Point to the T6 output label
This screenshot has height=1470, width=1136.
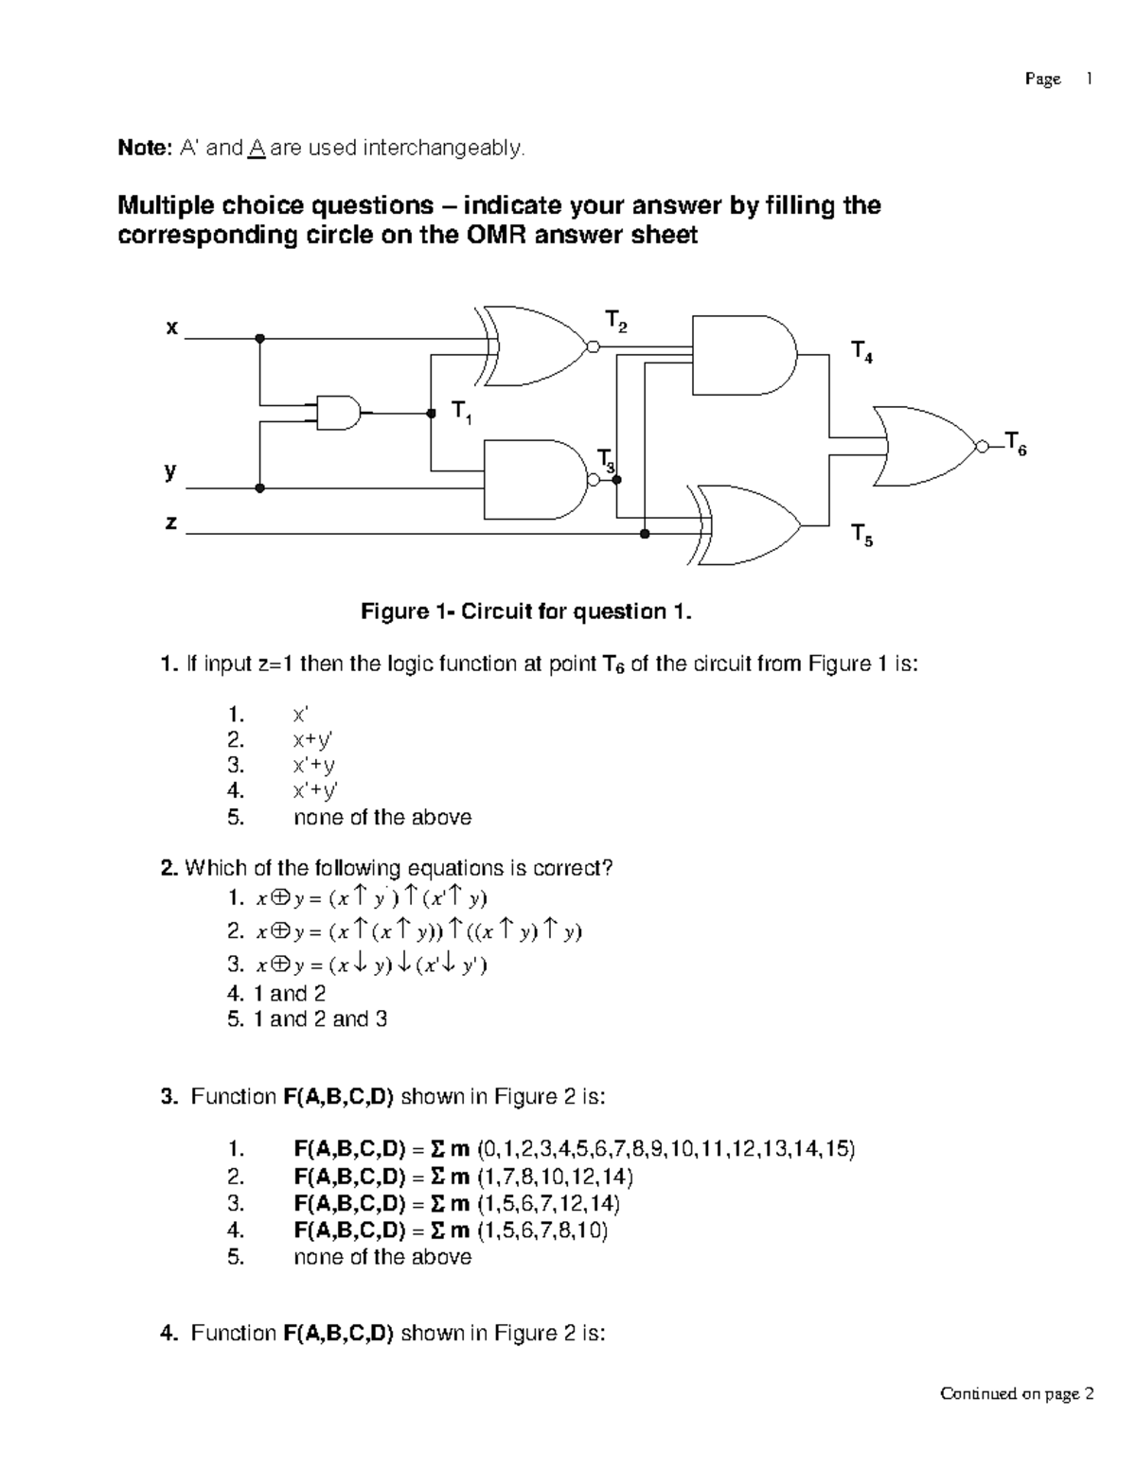point(1015,443)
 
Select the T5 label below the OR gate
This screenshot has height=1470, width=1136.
point(861,535)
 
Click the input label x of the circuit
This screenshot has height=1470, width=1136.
point(171,328)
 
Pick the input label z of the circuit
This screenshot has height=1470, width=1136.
point(170,522)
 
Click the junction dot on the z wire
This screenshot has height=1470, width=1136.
point(645,534)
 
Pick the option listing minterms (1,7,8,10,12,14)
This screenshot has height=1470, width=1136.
point(464,1177)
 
